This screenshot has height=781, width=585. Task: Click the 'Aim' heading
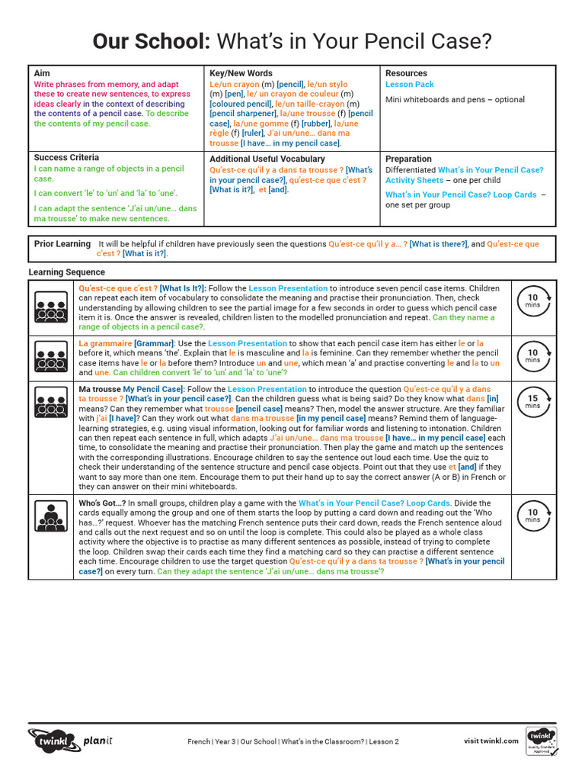[42, 73]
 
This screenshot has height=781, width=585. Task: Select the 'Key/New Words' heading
[241, 73]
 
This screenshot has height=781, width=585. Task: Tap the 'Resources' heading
[406, 73]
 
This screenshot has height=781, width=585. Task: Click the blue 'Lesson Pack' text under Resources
[409, 85]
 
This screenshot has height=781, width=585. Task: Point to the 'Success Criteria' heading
[66, 157]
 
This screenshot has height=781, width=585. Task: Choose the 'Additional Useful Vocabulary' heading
[267, 159]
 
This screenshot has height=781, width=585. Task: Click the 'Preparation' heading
[408, 159]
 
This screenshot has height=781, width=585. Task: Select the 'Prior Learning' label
[62, 244]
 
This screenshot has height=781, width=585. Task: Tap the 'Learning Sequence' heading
[67, 272]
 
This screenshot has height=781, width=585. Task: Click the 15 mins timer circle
[532, 402]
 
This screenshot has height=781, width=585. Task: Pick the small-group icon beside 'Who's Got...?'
[51, 516]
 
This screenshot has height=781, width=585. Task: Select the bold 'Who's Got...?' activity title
[102, 503]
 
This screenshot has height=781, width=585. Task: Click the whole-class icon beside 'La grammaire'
[51, 356]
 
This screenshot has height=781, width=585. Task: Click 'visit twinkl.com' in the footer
[491, 741]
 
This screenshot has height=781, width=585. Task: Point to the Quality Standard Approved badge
[542, 742]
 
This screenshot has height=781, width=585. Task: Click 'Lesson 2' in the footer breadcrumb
[384, 741]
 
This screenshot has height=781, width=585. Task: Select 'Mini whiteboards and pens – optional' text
[455, 100]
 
